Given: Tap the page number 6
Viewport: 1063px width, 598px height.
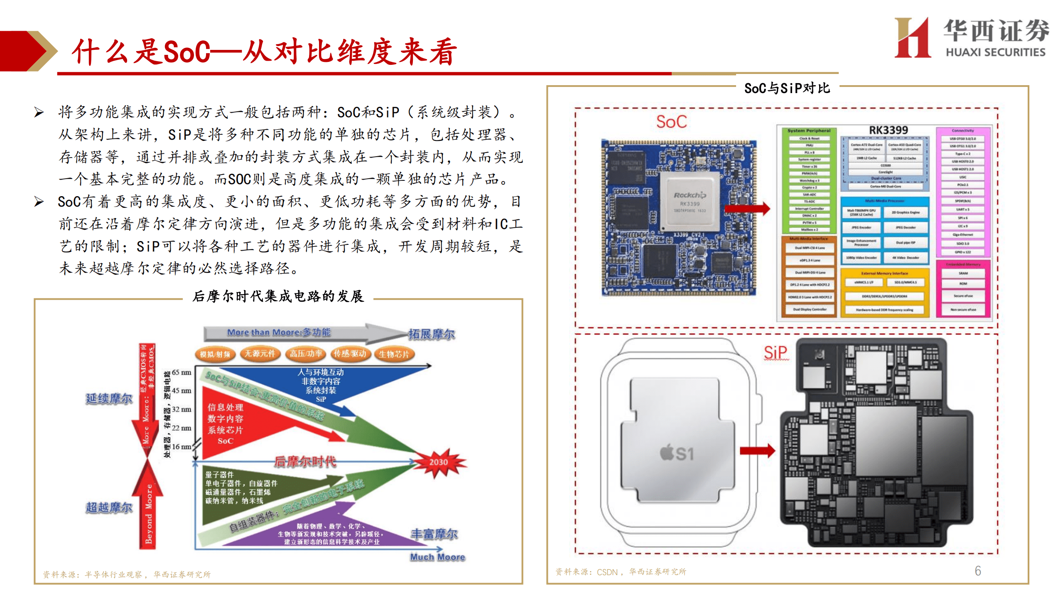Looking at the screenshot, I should click(x=977, y=571).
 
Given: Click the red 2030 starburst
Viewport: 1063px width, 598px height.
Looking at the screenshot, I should click(x=439, y=462).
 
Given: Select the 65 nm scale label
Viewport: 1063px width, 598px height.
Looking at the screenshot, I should click(x=181, y=372).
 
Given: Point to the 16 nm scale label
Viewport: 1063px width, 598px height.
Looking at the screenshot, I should click(x=181, y=447).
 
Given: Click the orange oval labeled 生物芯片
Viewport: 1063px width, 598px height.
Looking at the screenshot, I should click(x=394, y=354).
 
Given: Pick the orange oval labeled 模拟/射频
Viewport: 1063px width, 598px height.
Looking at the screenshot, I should click(x=215, y=354).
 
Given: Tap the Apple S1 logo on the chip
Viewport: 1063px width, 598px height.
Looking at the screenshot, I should click(x=677, y=453).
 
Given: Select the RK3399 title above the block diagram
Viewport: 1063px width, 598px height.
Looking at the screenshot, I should click(x=888, y=130).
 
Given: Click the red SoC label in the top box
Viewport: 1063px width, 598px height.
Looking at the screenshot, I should click(x=671, y=122).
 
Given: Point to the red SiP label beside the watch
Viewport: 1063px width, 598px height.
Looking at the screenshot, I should click(x=775, y=353).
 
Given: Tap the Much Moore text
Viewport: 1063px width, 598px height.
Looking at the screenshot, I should click(x=437, y=557).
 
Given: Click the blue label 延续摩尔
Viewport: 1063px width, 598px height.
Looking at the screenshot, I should click(x=109, y=399).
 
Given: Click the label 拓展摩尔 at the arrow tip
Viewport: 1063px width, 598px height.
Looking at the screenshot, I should click(x=431, y=334).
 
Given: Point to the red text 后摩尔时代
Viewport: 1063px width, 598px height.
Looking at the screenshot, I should click(x=305, y=461).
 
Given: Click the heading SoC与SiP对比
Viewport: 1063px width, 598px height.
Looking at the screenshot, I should click(x=787, y=88).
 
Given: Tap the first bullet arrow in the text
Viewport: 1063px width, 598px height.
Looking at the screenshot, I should click(x=39, y=112).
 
